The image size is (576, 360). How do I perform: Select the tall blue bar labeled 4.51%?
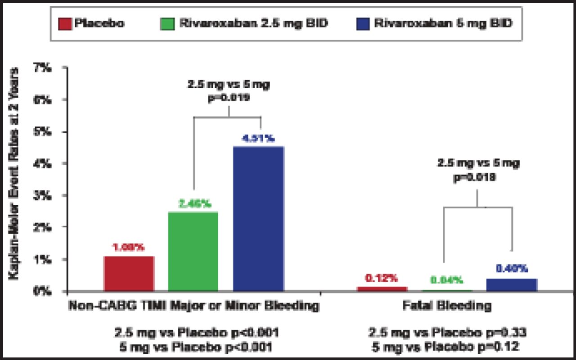point(258,219)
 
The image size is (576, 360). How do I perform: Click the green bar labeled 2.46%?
point(193,252)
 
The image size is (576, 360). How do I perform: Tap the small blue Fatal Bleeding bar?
point(511,285)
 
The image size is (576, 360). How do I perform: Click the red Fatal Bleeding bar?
point(382,289)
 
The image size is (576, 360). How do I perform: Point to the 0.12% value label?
point(382,278)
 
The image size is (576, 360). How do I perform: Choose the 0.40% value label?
point(511,269)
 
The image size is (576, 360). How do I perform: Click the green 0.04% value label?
point(446,280)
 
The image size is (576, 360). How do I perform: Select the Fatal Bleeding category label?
point(446,306)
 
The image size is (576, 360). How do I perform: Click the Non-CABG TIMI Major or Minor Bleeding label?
point(193,306)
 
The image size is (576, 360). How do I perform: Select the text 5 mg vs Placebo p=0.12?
point(446,347)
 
